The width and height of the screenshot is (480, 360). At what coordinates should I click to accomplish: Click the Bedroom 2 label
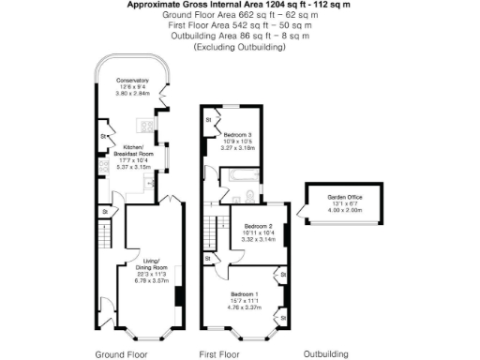coord(258,227)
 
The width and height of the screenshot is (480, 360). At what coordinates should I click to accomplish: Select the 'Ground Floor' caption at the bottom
coord(122,354)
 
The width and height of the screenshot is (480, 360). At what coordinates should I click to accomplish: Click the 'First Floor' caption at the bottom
coord(218,354)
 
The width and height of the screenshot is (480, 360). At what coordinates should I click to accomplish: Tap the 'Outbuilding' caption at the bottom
coord(325,354)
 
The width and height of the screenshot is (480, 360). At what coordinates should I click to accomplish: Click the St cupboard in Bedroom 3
coord(208,120)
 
